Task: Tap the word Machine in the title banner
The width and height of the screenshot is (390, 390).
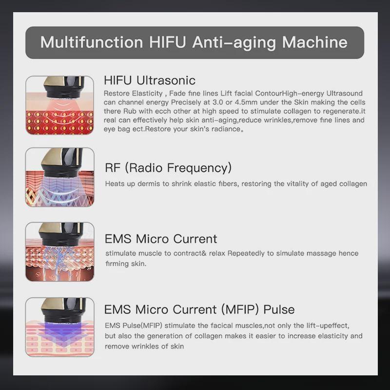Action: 314,42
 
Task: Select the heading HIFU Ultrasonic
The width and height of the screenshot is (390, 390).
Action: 150,80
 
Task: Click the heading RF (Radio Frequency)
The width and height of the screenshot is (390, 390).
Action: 168,168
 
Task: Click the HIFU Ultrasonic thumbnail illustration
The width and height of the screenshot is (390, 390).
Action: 59,105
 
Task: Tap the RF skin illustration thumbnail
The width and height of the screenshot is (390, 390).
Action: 59,177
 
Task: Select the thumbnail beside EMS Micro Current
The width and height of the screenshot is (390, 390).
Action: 59,251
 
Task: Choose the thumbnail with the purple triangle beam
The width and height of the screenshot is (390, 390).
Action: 59,327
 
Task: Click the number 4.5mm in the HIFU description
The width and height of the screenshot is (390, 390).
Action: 237,102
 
